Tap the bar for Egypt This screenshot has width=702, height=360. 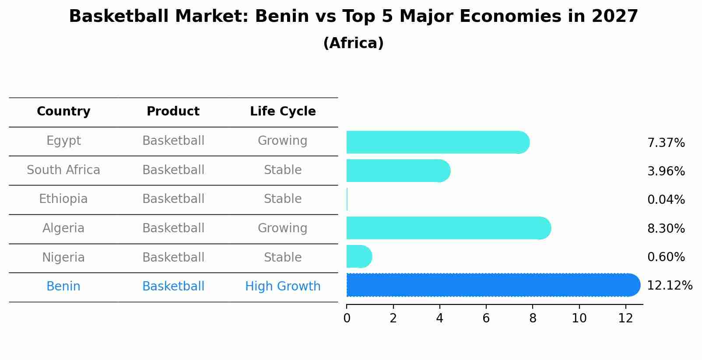point(438,142)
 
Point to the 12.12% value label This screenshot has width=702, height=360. point(670,286)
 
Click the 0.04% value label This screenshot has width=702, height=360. point(666,200)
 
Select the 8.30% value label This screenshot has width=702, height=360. point(666,228)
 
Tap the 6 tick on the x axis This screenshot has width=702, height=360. point(486,318)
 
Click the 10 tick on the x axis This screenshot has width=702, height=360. point(579,318)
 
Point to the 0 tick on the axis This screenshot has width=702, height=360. point(347,318)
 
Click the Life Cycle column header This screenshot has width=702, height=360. point(283,112)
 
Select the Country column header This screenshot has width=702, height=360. point(63,112)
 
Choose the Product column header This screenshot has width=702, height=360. point(173,112)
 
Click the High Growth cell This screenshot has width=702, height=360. point(283,287)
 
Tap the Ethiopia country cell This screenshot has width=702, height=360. point(63,199)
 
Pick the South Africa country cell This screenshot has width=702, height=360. point(63,170)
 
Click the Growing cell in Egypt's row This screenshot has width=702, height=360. point(282,141)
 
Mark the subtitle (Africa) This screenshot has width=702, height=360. point(353,43)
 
